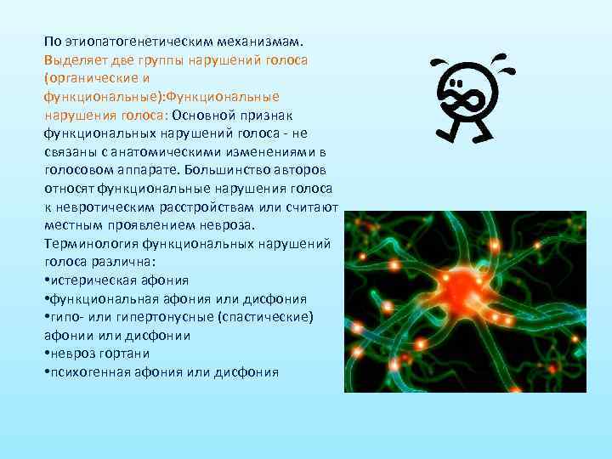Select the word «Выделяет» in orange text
tap(76, 61)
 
